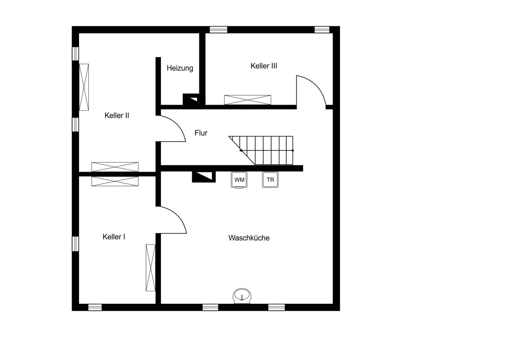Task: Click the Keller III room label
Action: [264, 66]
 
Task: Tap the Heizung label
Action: [180, 68]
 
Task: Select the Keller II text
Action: [117, 116]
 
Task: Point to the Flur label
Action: [201, 133]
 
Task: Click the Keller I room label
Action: [114, 237]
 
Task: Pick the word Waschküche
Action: [249, 238]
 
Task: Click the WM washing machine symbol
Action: [239, 180]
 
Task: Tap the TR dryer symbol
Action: [270, 180]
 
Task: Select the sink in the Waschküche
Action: [242, 296]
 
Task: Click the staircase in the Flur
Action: [261, 150]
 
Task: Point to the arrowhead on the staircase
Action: [241, 150]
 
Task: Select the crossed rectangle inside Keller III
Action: [248, 100]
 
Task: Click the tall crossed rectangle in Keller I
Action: [151, 268]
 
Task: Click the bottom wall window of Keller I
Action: [95, 307]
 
